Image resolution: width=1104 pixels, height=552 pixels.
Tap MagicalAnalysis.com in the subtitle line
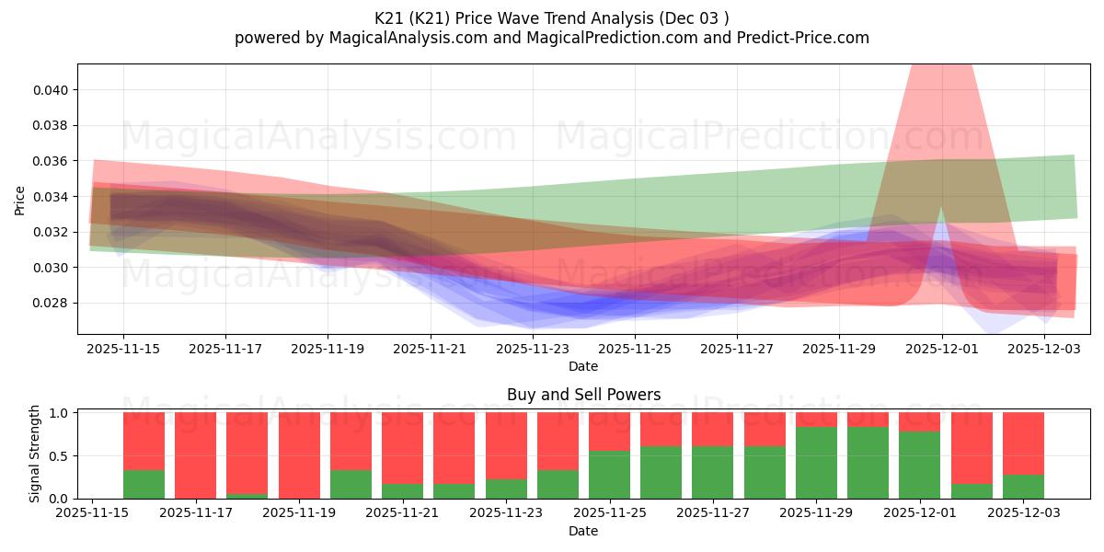tap(401, 38)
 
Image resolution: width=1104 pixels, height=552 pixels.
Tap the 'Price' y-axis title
tap(20, 199)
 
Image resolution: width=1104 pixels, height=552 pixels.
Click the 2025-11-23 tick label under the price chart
tap(533, 349)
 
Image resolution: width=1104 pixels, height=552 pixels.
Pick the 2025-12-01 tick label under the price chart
tap(941, 349)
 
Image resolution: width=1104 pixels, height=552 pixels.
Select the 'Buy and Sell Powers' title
tap(583, 395)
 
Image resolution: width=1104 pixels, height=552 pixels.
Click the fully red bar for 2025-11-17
tap(195, 455)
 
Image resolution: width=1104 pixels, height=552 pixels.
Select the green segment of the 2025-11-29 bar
tap(816, 463)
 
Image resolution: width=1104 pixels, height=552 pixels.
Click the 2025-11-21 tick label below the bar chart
tap(399, 513)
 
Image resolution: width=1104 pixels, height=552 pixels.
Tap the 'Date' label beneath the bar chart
tap(583, 531)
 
